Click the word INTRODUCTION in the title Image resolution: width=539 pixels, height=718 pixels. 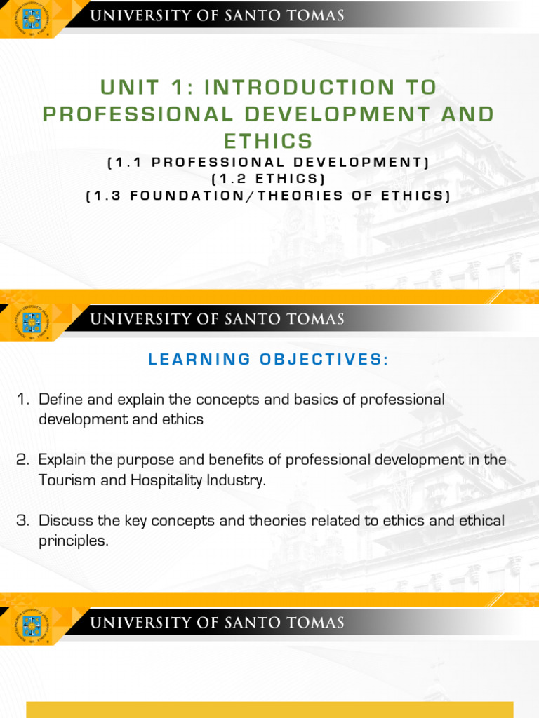[320, 88]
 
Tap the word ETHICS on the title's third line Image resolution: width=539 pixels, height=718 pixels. [269, 141]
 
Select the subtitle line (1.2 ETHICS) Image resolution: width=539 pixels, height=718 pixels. [269, 179]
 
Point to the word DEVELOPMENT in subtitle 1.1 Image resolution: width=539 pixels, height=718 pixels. [354, 163]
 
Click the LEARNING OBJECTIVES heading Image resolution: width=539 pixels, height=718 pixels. [269, 360]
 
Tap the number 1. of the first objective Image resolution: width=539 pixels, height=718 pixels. [23, 400]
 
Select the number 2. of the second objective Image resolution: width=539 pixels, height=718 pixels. [23, 460]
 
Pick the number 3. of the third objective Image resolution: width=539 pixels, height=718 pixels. [23, 521]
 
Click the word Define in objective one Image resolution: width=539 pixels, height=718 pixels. [61, 400]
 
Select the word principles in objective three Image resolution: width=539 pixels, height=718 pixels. [74, 541]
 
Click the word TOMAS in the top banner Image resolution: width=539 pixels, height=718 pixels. [317, 15]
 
